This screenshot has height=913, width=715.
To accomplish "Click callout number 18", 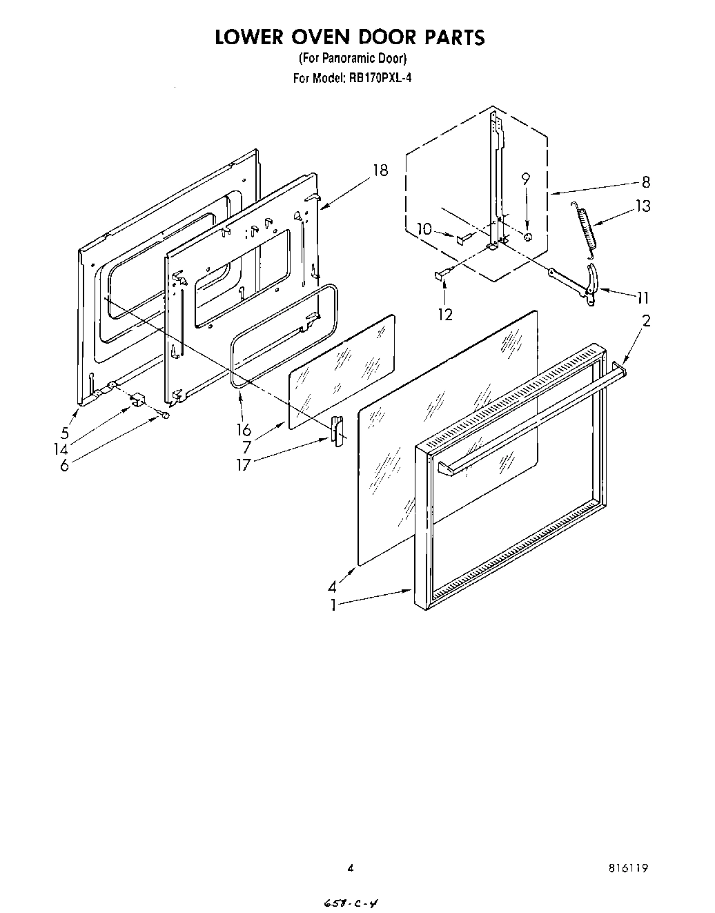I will (380, 170).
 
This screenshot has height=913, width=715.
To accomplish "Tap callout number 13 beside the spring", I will (643, 206).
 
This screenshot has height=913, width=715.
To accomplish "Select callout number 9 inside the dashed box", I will (526, 179).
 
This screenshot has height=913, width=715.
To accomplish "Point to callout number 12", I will (445, 314).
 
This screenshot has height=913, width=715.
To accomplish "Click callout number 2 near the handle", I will (646, 320).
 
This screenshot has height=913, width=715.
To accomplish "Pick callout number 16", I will (244, 430).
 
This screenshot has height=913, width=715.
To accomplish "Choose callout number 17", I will (244, 464).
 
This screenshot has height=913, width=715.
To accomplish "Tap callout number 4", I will (333, 587).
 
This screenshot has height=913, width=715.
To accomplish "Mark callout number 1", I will (333, 605).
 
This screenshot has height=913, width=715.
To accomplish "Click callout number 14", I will (62, 449).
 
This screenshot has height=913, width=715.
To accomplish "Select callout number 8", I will (645, 183).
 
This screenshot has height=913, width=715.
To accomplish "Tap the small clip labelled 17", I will (337, 431).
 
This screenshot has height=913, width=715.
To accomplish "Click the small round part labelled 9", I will (528, 237).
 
